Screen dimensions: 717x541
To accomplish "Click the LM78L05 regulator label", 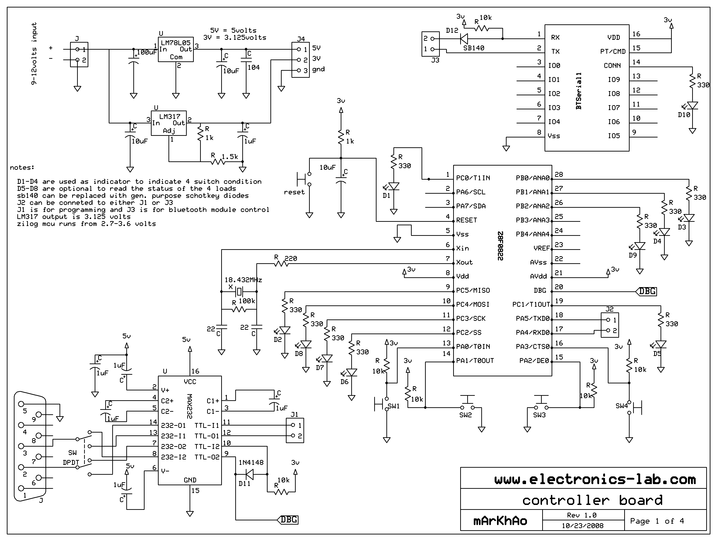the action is [x=176, y=42].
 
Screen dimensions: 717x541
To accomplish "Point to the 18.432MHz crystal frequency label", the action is [x=243, y=280].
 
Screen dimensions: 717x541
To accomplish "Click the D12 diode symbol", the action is [x=463, y=39].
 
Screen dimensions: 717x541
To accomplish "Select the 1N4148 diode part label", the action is [x=251, y=463].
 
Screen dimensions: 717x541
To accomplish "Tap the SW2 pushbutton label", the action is [x=466, y=415].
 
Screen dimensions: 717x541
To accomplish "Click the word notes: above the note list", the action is [x=22, y=167].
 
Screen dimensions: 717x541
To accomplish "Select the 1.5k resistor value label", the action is [x=230, y=157].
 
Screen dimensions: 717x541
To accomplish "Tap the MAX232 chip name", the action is [x=190, y=406].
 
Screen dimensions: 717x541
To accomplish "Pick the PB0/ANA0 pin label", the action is [x=533, y=178].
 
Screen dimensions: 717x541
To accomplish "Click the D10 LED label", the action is [x=684, y=115].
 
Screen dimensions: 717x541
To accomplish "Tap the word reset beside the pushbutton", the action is [x=294, y=192].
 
